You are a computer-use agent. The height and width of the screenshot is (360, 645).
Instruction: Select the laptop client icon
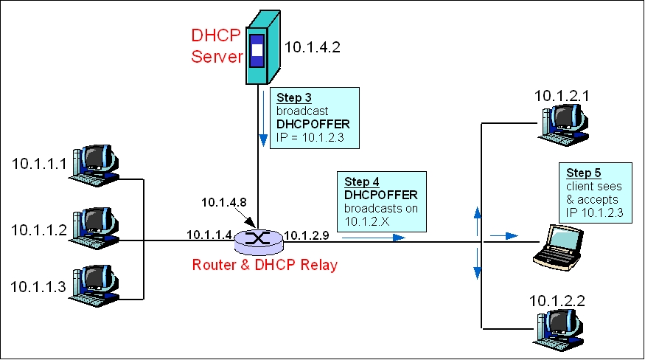click(x=561, y=246)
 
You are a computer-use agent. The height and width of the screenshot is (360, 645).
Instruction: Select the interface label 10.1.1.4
click(x=209, y=235)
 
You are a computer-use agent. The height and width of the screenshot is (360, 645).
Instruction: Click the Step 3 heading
click(x=293, y=97)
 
